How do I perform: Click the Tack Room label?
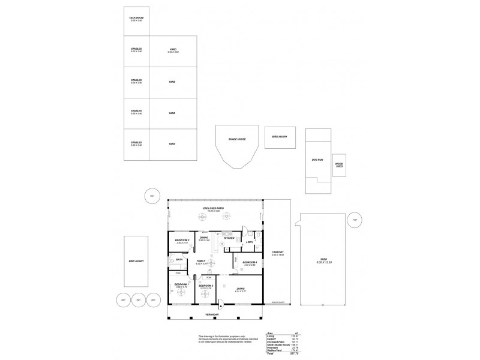coord(136,18)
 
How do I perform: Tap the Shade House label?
coord(238,139)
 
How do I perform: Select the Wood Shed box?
coord(339,164)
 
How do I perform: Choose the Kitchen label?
coord(228,238)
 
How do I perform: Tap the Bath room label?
coord(179,259)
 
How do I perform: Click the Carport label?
coord(277,252)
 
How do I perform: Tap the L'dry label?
coord(250,242)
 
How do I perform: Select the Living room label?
coord(240,288)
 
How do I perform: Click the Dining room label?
coord(205,238)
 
